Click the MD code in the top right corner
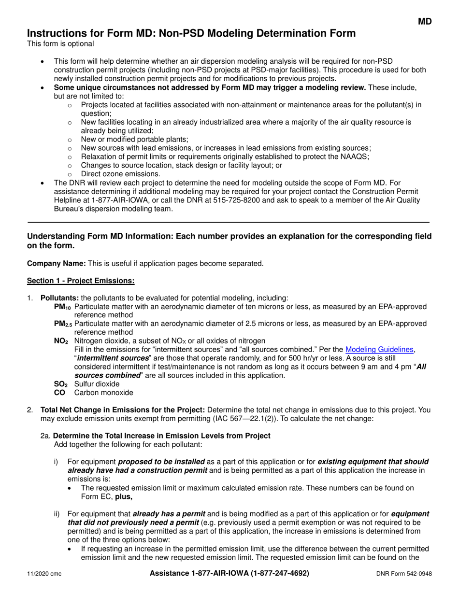[x=425, y=21]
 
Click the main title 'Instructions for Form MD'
[x=191, y=33]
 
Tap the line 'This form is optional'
[x=60, y=44]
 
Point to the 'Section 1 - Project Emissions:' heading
[x=81, y=281]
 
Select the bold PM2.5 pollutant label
[x=63, y=324]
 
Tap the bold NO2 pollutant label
[x=61, y=341]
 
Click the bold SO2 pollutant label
[x=60, y=384]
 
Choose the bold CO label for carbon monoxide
[x=59, y=393]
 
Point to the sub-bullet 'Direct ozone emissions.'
[x=120, y=174]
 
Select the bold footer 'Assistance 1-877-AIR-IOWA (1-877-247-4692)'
[x=229, y=573]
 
